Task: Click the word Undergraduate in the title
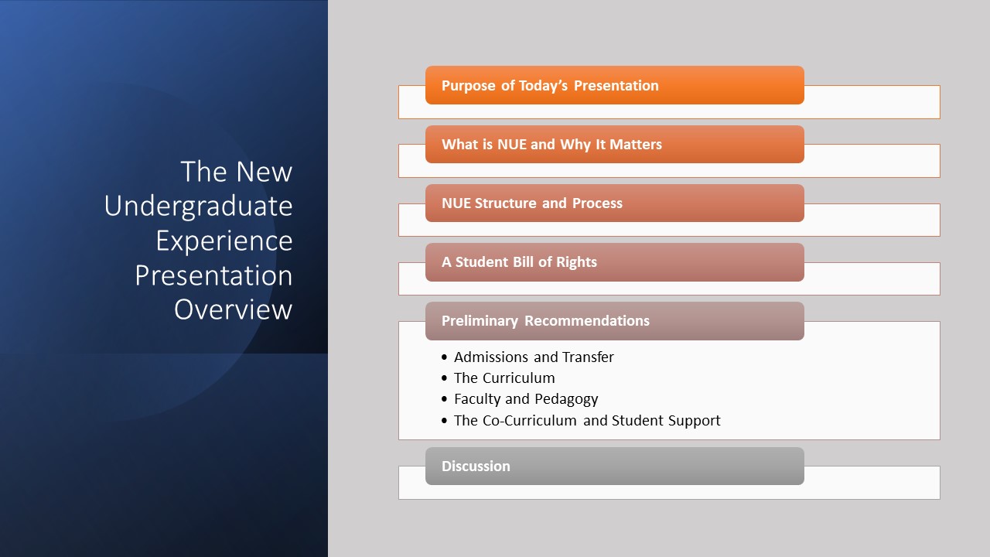[x=198, y=207]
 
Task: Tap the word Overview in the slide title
[x=234, y=309]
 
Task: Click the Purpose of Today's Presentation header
[x=615, y=85]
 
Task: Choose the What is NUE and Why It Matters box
[x=615, y=144]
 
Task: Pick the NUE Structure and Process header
[x=615, y=203]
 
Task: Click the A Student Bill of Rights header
[x=615, y=262]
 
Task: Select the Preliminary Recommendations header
[x=615, y=321]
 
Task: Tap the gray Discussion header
[x=615, y=466]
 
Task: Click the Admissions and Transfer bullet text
[x=534, y=357]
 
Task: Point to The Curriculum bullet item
[x=504, y=378]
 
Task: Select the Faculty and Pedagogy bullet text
[x=526, y=399]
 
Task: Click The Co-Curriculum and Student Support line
[x=587, y=420]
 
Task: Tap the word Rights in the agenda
[x=576, y=262]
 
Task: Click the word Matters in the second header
[x=636, y=145]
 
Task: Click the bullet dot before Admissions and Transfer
[x=444, y=357]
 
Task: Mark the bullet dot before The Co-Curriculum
[x=444, y=420]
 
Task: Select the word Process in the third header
[x=597, y=203]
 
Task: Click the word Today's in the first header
[x=543, y=86]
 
